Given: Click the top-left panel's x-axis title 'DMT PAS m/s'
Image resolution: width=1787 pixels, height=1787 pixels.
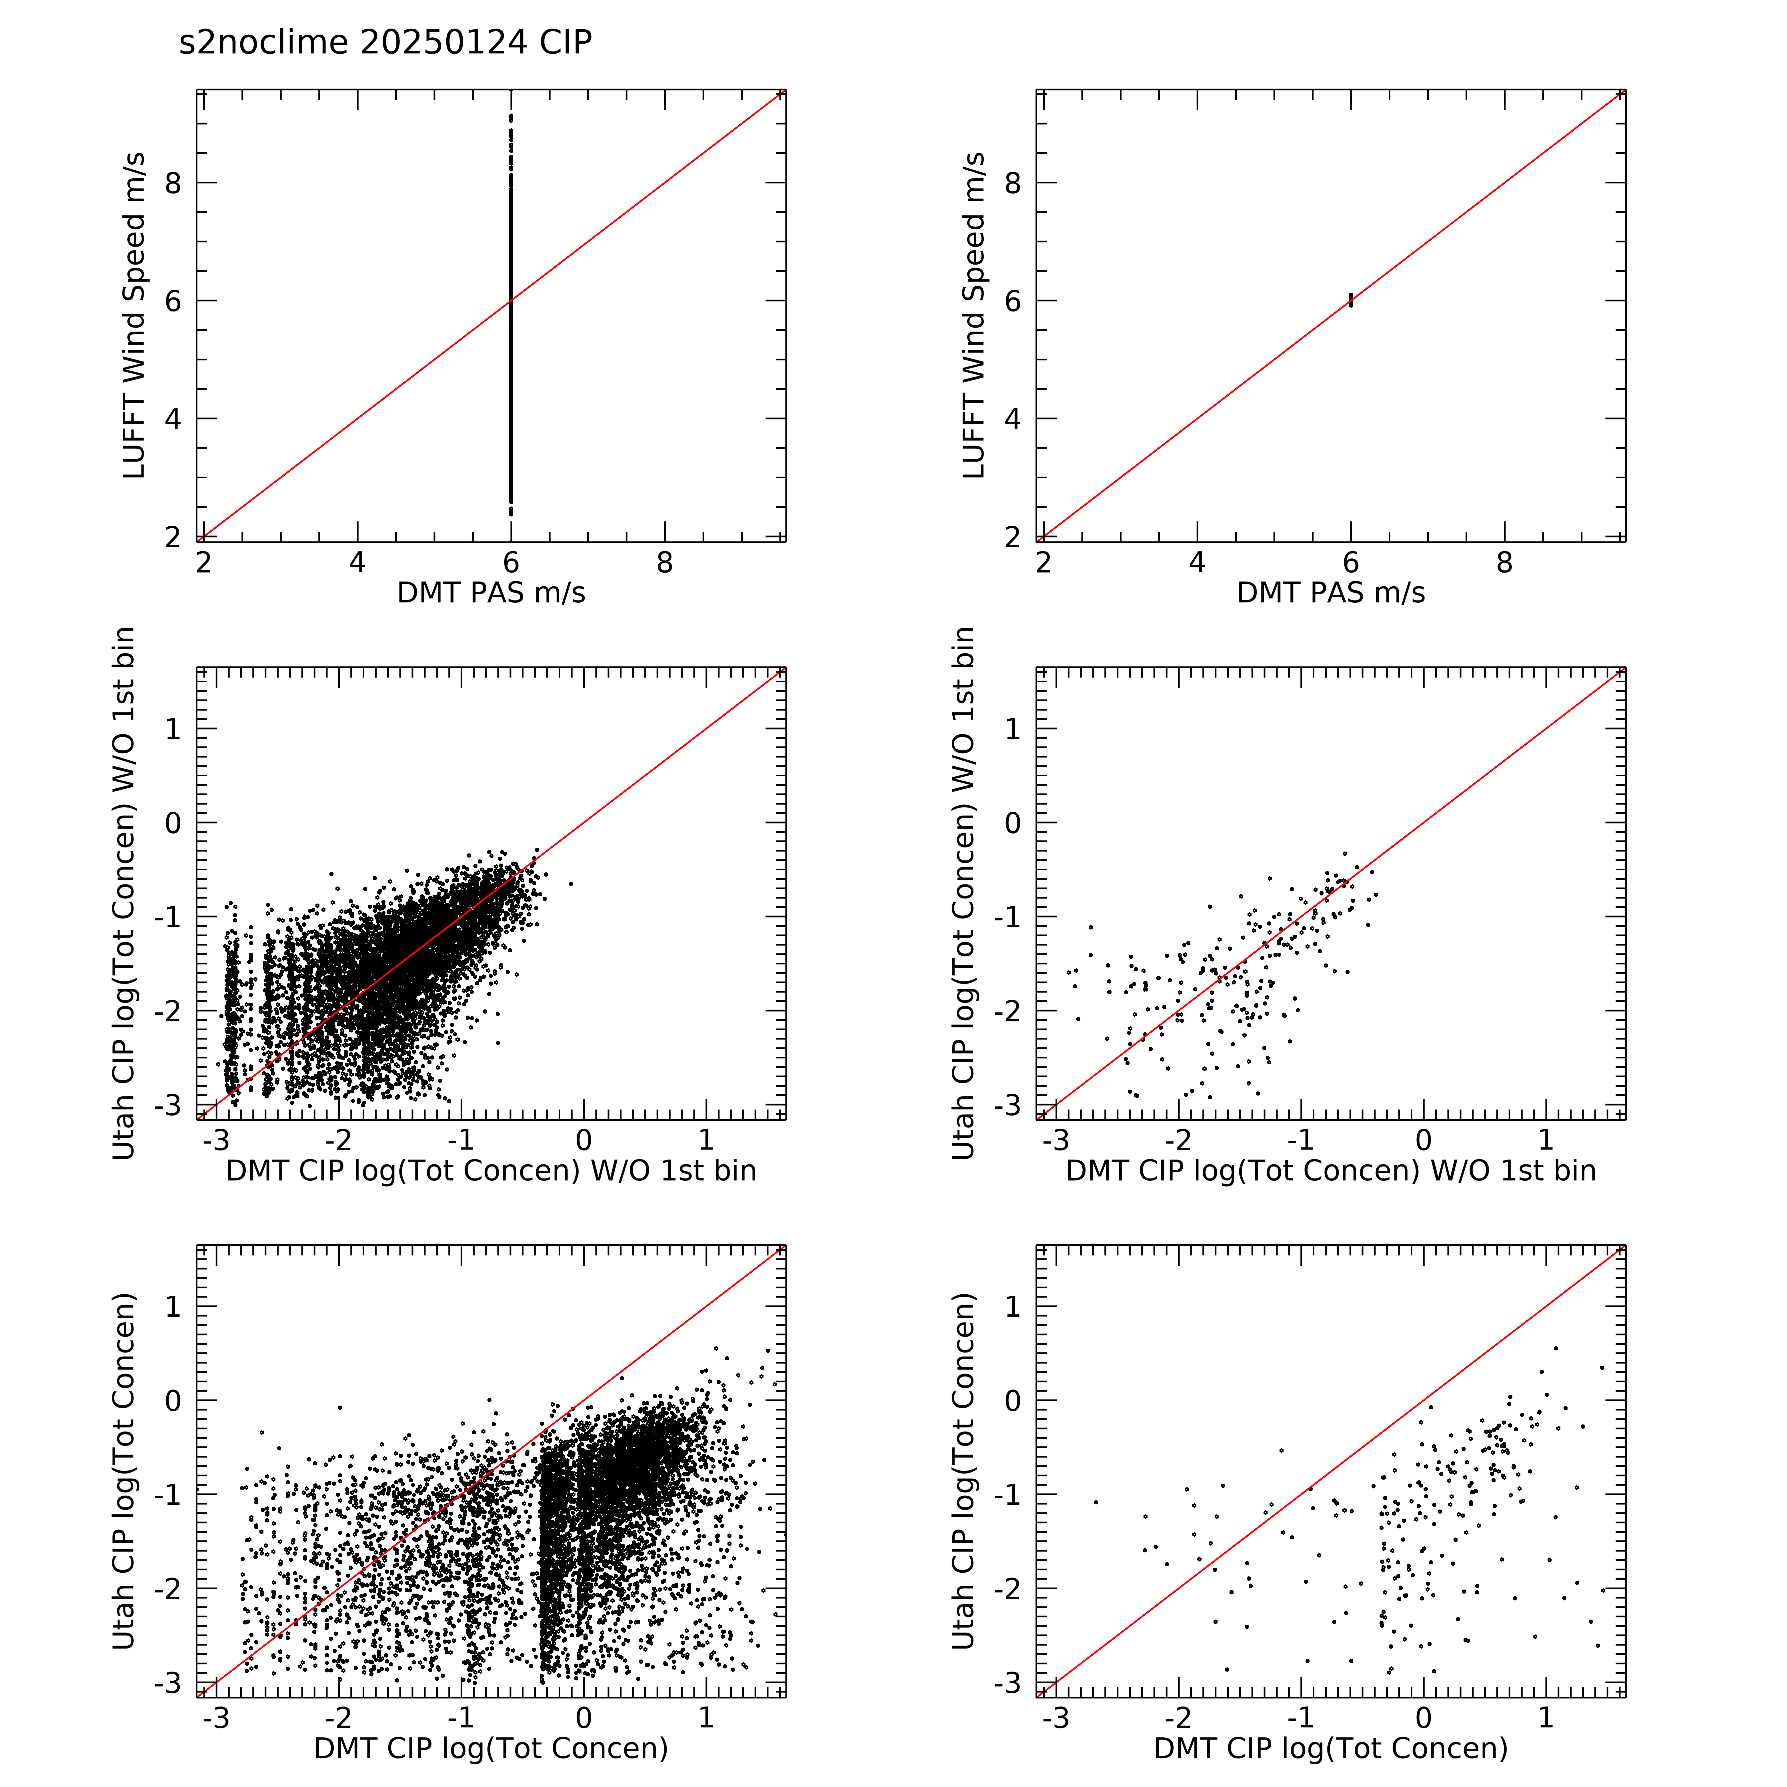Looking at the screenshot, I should tap(491, 593).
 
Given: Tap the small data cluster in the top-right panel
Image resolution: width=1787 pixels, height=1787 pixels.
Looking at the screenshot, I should tap(1351, 300).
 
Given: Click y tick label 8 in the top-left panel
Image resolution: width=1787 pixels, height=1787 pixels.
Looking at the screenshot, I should tap(173, 183).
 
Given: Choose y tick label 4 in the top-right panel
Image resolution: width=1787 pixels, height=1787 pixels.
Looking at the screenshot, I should tap(1013, 419).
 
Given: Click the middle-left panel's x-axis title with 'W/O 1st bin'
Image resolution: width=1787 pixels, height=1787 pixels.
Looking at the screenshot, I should tap(491, 1171).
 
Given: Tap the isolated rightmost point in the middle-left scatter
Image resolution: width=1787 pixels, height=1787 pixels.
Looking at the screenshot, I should tap(571, 884).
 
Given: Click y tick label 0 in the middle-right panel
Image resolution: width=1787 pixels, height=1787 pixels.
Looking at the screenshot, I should tap(1013, 823).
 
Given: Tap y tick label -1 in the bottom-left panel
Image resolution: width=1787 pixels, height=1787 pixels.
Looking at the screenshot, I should tap(168, 1495).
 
